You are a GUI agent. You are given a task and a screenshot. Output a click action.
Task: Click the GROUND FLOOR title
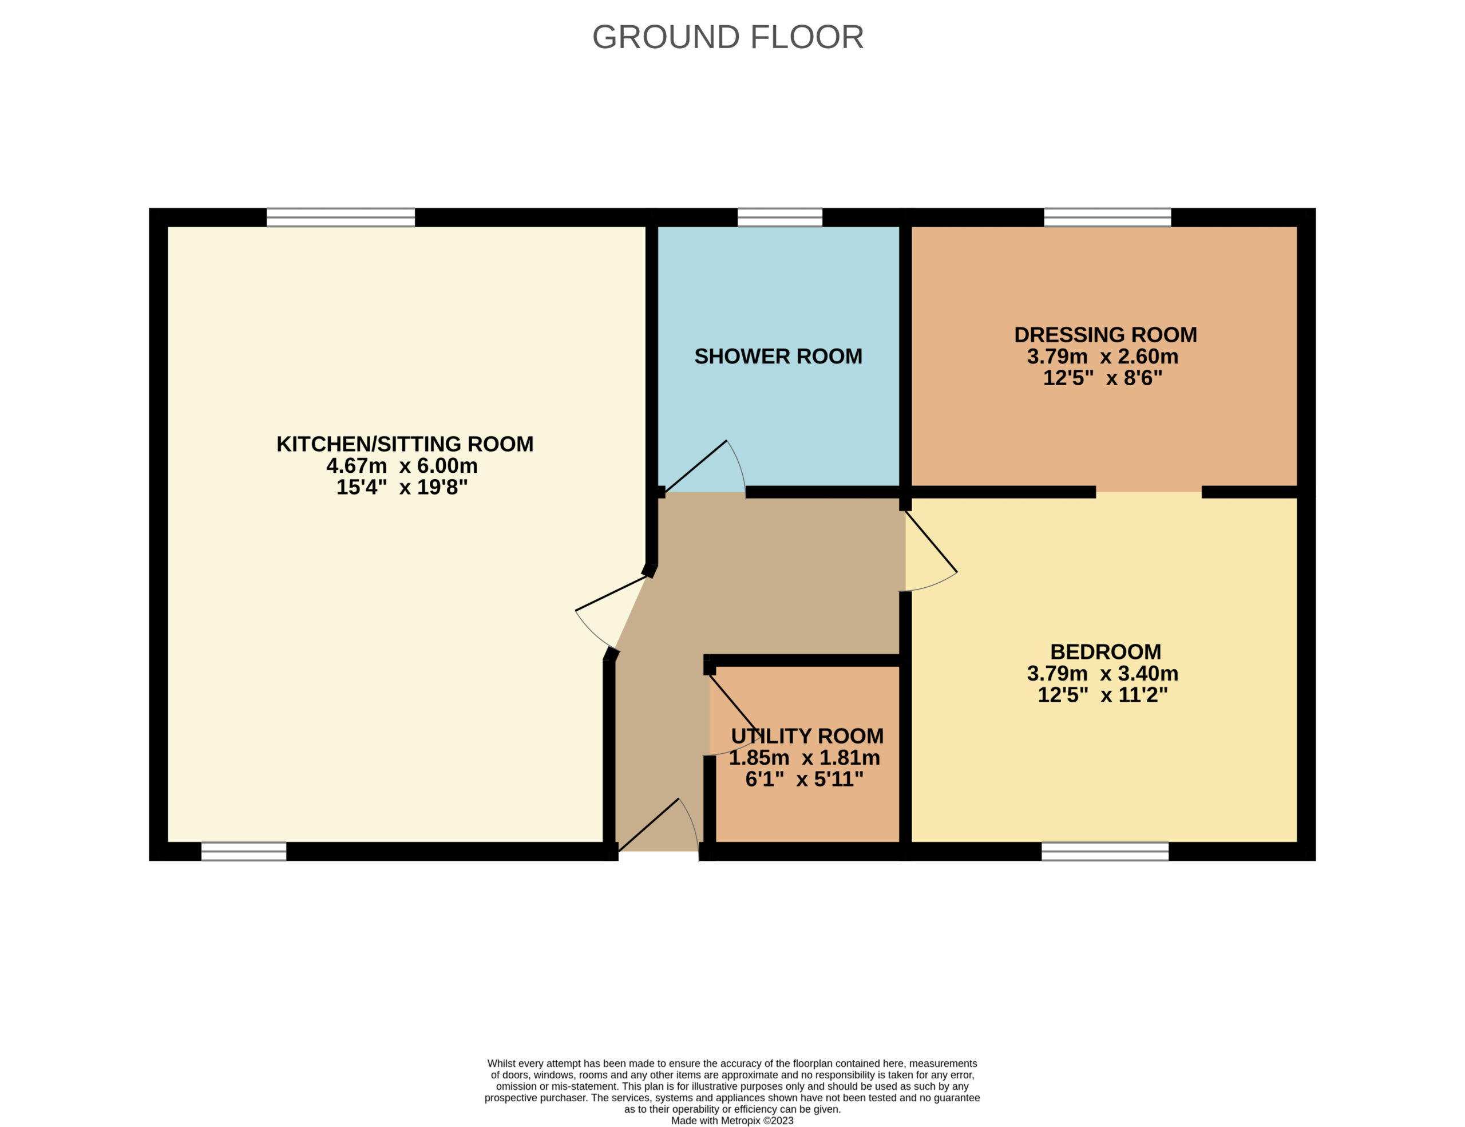[728, 37]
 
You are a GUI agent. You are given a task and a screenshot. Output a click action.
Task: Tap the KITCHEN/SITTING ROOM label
[405, 444]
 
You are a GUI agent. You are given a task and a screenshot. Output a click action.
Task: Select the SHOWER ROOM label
[778, 356]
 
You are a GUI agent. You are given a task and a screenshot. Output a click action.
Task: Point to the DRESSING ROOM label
[1106, 335]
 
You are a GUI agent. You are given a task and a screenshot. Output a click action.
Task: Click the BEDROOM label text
[1106, 651]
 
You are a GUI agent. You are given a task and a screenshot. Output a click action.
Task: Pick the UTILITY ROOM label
[807, 736]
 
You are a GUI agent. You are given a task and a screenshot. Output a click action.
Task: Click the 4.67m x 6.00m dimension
[402, 465]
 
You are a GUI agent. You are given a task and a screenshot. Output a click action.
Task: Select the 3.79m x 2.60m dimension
[1103, 356]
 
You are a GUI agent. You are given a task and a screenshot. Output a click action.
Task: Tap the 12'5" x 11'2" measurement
[1103, 694]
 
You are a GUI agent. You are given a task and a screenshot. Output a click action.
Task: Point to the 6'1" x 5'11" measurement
[804, 779]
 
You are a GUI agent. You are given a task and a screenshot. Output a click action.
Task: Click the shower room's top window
[780, 218]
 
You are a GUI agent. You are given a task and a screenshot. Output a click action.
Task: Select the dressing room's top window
[1107, 218]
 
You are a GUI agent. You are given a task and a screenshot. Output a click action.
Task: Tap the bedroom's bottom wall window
[1105, 851]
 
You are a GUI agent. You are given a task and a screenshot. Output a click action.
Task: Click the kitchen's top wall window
[340, 218]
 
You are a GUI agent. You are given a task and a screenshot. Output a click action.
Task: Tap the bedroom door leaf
[931, 541]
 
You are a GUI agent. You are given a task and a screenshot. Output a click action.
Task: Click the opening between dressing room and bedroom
[1149, 492]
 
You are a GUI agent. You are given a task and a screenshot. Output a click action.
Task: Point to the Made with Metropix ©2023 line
[732, 1121]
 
